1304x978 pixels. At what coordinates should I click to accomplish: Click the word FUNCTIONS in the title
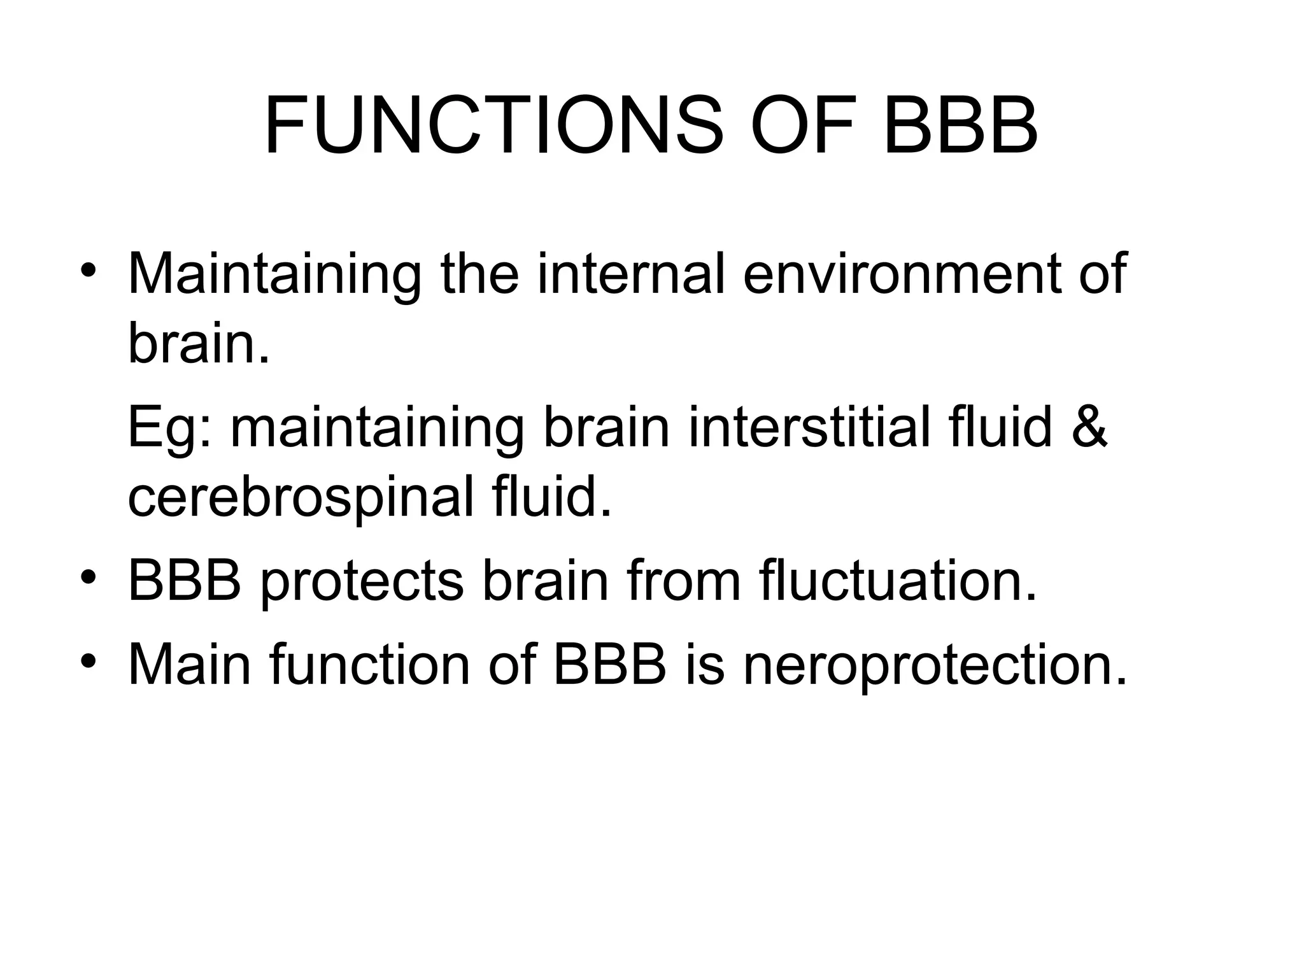click(494, 125)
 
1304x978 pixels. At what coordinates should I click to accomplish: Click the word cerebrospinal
click(301, 498)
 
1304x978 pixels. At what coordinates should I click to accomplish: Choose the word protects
click(362, 582)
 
